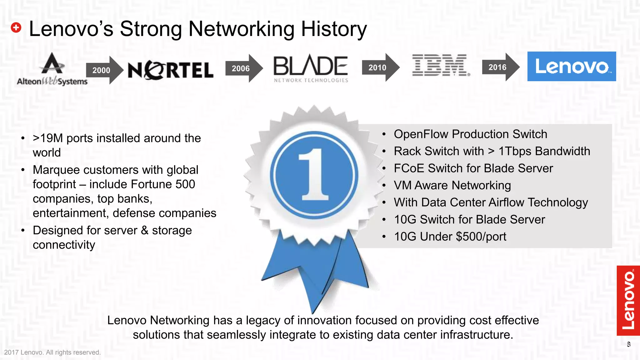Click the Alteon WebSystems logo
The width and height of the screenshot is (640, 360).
pyautogui.click(x=52, y=70)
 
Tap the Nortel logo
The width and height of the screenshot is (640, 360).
pyautogui.click(x=171, y=70)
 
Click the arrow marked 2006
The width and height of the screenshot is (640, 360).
pyautogui.click(x=242, y=68)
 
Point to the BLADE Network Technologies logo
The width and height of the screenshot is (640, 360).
pyautogui.click(x=311, y=68)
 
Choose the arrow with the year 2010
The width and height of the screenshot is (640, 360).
pyautogui.click(x=379, y=67)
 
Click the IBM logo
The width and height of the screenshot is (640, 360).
pyautogui.click(x=441, y=65)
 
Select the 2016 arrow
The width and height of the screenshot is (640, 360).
pyautogui.click(x=499, y=67)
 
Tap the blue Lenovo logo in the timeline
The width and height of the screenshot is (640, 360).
pyautogui.click(x=572, y=67)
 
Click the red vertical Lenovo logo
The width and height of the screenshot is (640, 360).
pyautogui.click(x=628, y=300)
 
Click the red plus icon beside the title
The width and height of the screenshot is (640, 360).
pyautogui.click(x=16, y=28)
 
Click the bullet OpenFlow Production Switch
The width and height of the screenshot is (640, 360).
pyautogui.click(x=470, y=134)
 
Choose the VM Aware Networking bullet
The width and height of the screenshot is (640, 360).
pyautogui.click(x=452, y=185)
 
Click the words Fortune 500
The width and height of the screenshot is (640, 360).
pyautogui.click(x=163, y=184)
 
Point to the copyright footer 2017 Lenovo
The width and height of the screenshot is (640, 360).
pyautogui.click(x=52, y=352)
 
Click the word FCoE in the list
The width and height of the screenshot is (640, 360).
pyautogui.click(x=409, y=168)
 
